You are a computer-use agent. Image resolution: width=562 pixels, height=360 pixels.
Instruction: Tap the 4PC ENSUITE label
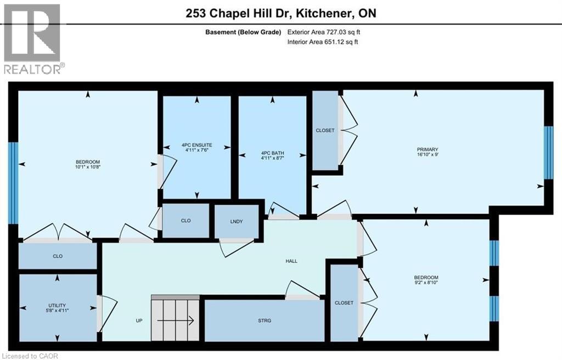tap(198, 145)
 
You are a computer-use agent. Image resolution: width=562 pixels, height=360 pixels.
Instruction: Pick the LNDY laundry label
tap(237, 221)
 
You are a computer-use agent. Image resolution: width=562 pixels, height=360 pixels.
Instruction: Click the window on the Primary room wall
tap(548, 153)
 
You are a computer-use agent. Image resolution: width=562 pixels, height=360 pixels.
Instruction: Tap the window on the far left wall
tap(13, 183)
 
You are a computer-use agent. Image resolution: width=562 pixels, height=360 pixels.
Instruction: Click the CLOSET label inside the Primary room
tap(325, 131)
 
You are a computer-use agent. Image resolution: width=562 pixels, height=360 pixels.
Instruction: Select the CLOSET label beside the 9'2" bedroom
tap(344, 302)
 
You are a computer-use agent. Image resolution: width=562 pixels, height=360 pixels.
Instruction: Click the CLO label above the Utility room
tap(58, 255)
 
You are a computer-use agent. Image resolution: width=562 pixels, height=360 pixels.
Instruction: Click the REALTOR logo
tap(33, 38)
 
